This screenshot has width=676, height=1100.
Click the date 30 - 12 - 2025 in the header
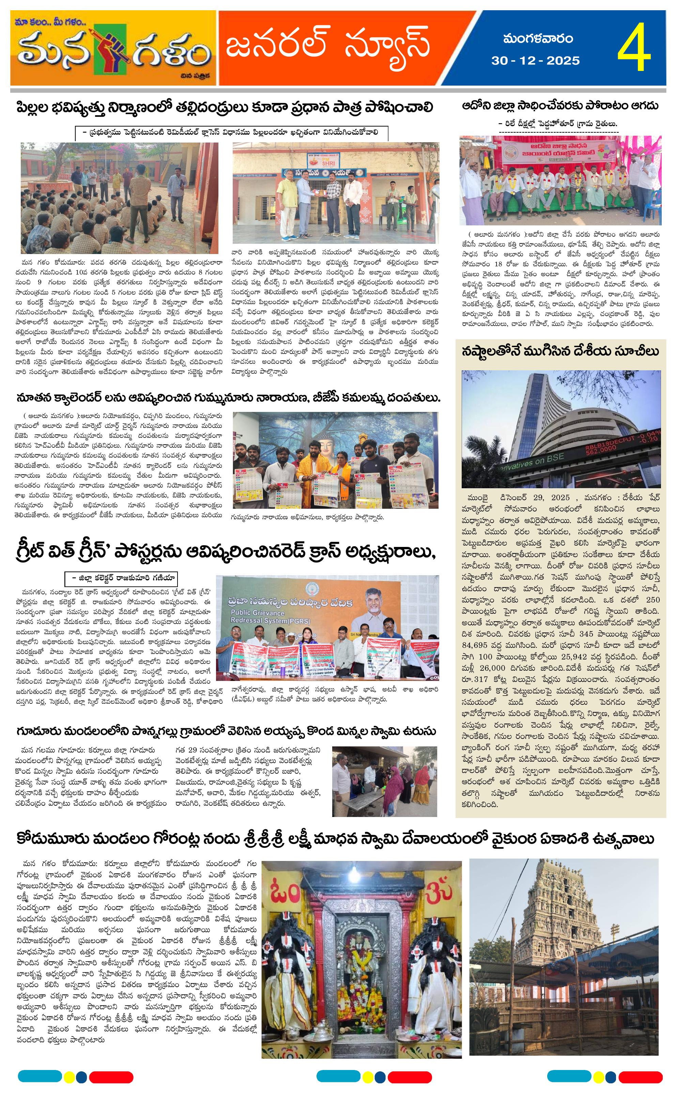point(535,61)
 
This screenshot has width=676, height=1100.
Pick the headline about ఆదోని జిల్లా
point(560,106)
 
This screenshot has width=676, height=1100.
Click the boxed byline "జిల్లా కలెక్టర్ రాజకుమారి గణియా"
point(121,578)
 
